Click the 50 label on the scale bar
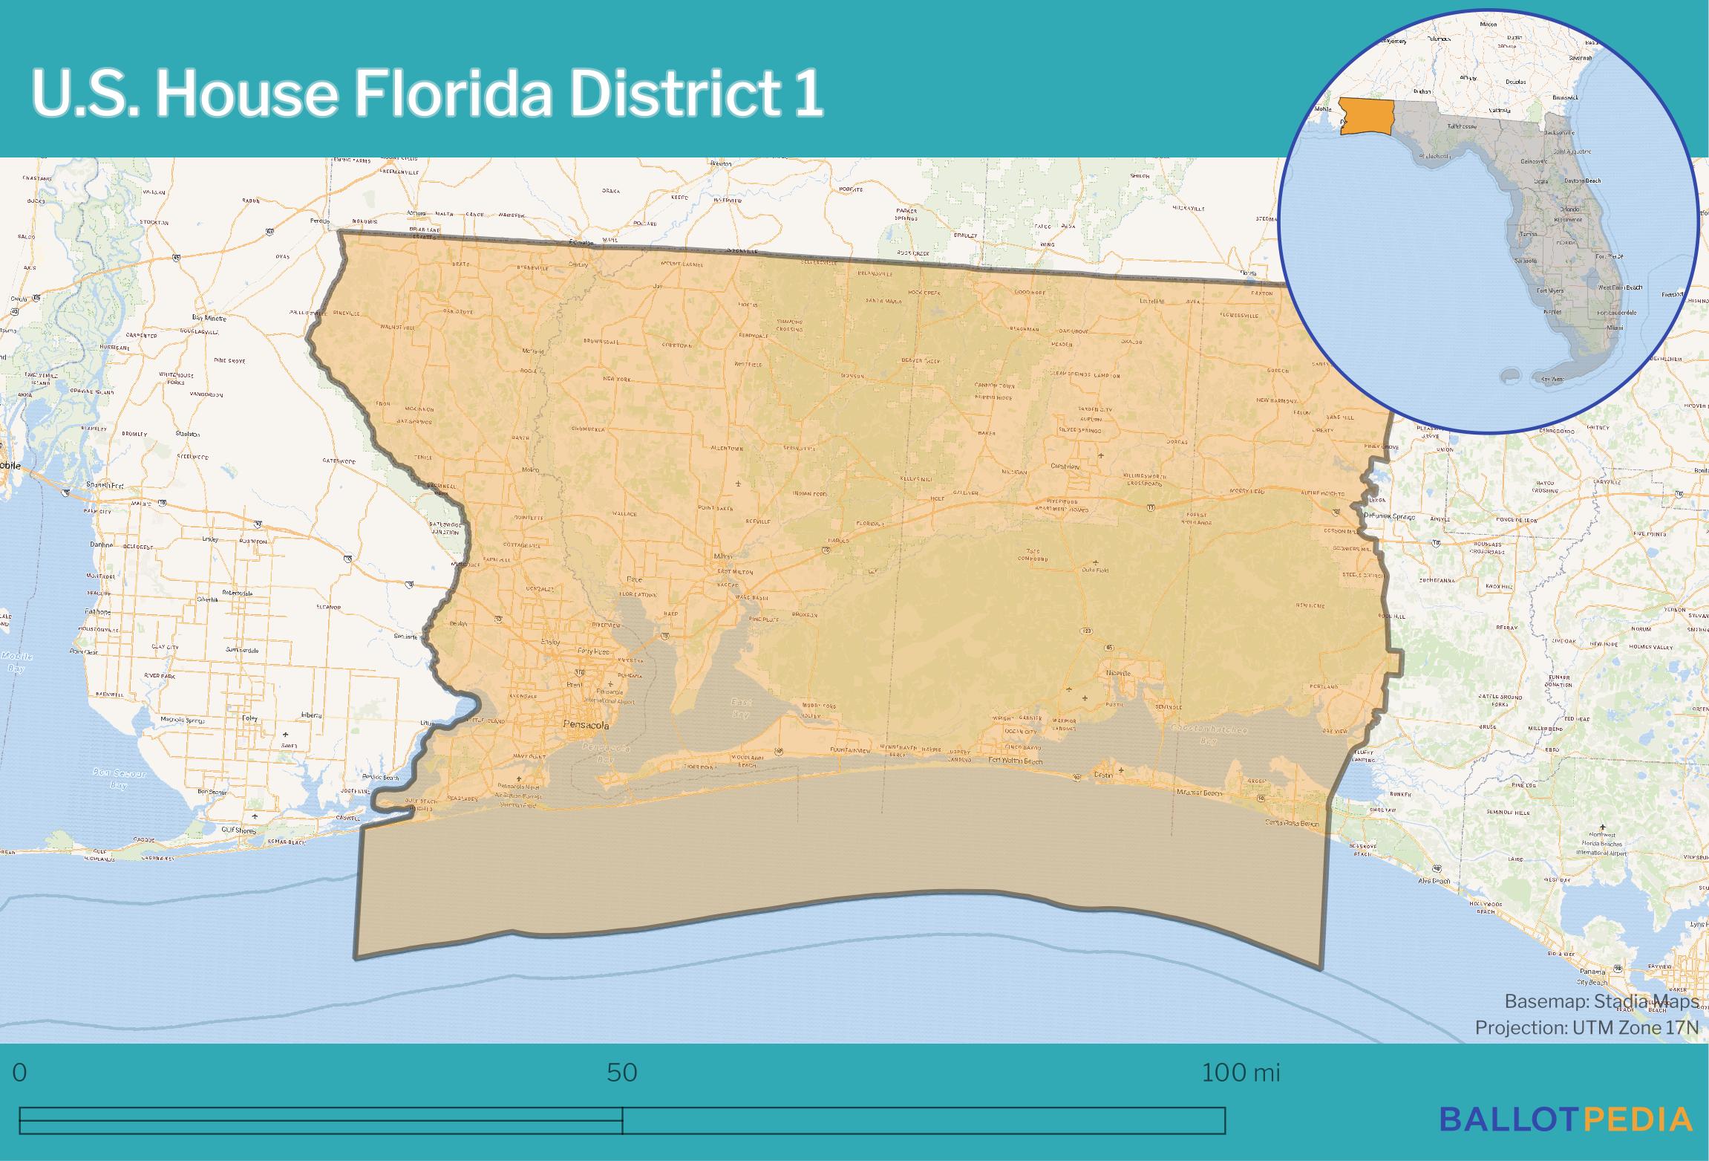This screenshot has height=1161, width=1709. (622, 1073)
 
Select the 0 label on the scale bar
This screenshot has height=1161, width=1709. (20, 1073)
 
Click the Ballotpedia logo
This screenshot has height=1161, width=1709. (1566, 1119)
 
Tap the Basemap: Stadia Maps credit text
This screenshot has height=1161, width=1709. (1601, 1001)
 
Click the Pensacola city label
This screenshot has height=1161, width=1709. (586, 724)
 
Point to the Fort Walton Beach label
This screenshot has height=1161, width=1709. (1016, 761)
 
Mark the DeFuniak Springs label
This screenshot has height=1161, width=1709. (1389, 517)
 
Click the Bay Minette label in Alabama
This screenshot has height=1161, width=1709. (209, 317)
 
